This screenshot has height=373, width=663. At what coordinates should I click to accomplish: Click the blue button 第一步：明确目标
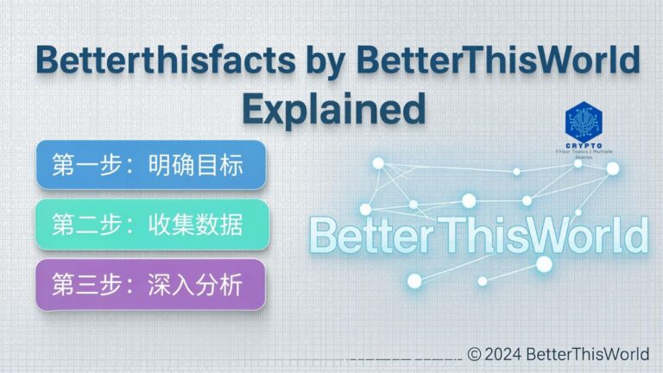click(x=150, y=165)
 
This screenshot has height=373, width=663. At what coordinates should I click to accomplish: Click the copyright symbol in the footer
click(x=474, y=354)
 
